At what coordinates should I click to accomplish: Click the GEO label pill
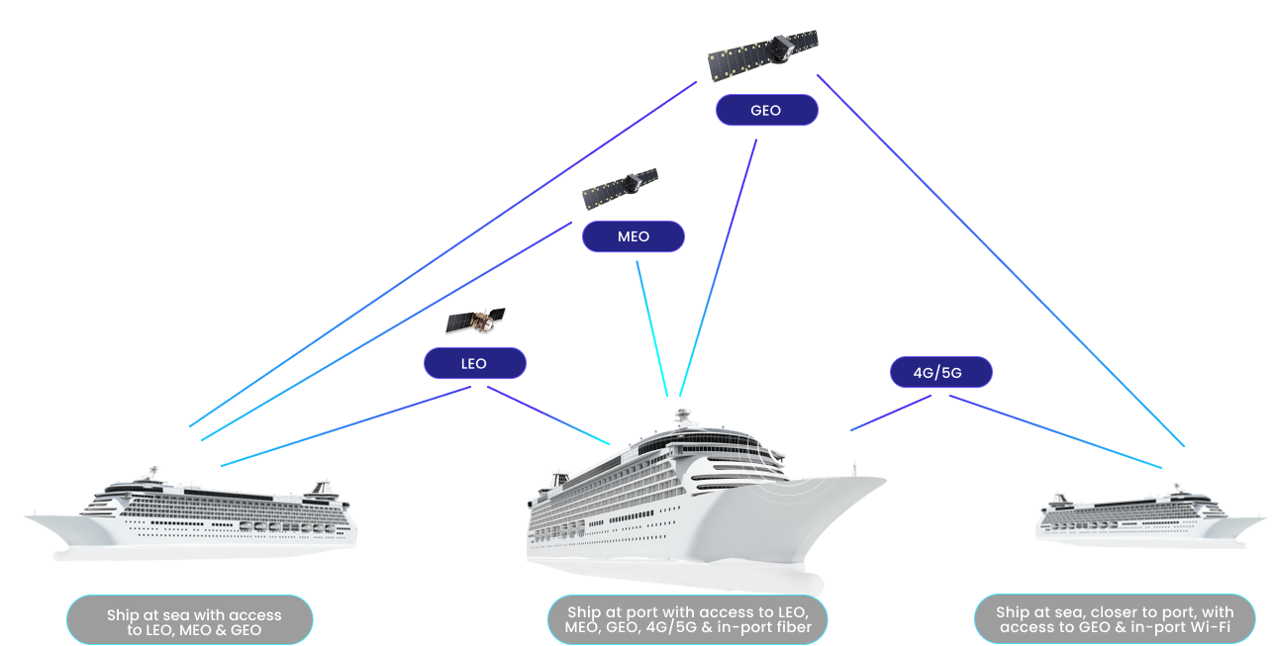766,110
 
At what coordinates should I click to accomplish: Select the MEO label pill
633,236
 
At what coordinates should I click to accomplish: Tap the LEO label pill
474,363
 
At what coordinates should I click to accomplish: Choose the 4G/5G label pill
939,372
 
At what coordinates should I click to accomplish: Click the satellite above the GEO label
763,54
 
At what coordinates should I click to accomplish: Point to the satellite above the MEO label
620,189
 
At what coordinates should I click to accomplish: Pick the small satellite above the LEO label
475,321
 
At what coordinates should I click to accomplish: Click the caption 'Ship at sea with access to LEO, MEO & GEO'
190,621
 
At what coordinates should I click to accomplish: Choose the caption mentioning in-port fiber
687,619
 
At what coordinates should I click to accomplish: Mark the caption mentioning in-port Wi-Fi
1115,620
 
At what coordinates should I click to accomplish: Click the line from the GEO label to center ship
719,267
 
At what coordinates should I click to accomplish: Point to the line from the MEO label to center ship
650,326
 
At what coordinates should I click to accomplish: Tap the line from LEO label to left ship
346,425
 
